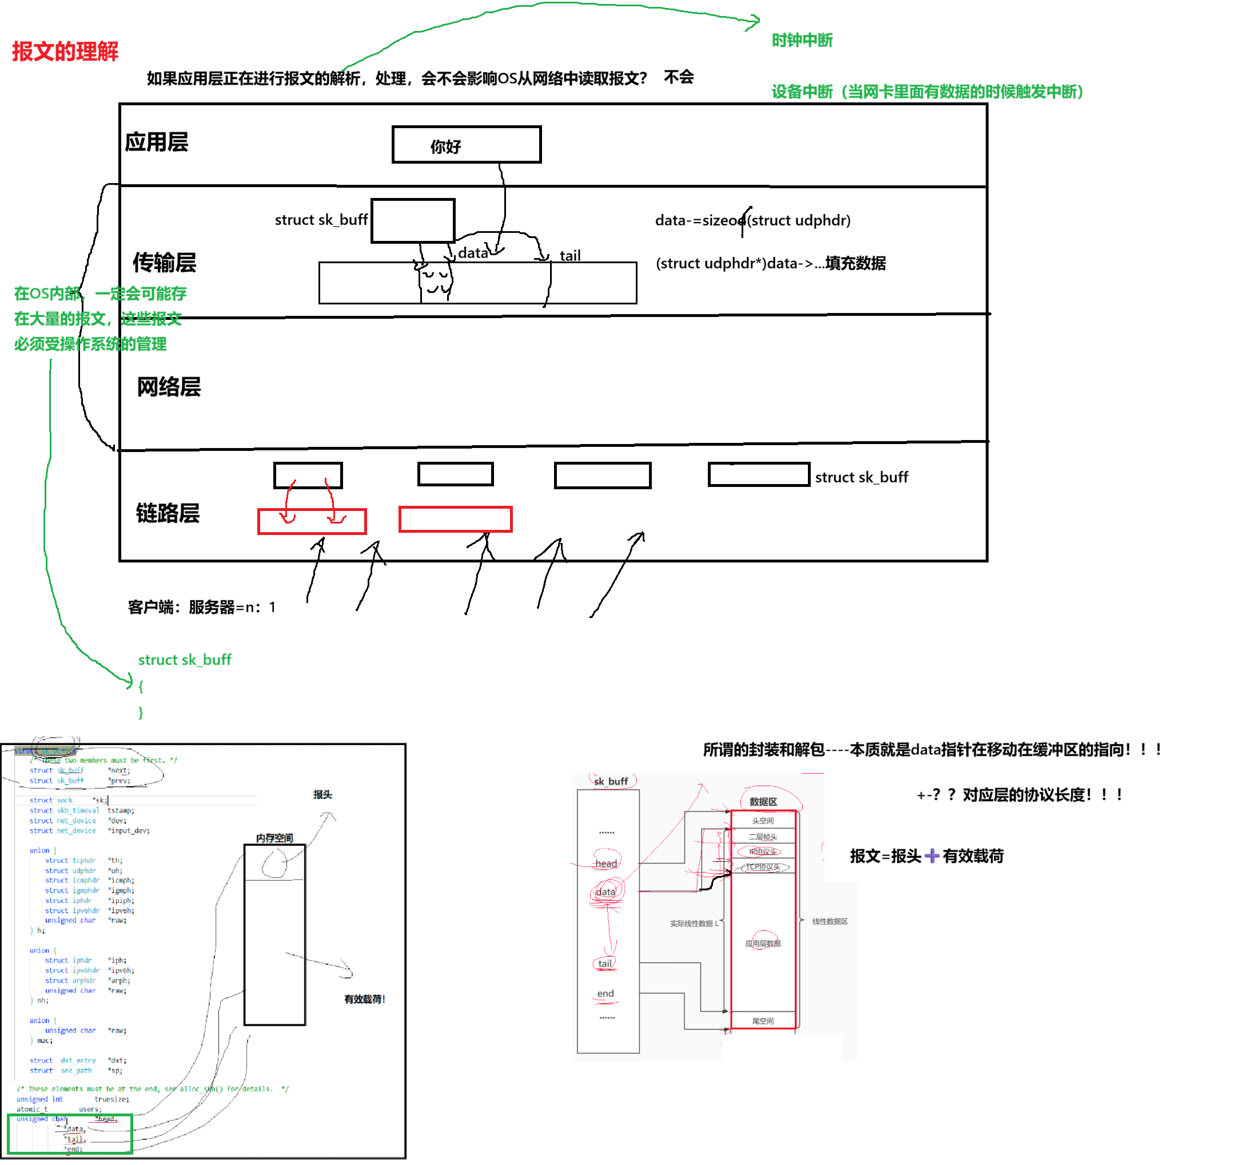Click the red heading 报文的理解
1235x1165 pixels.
(65, 51)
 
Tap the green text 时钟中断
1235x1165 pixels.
(802, 41)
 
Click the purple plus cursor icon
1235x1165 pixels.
(931, 856)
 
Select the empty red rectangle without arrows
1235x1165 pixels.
(455, 519)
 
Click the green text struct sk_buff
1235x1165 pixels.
(185, 660)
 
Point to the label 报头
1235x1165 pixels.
(322, 794)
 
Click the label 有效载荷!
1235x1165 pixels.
(364, 999)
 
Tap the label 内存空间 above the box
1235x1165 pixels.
(274, 838)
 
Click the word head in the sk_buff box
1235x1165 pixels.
(605, 863)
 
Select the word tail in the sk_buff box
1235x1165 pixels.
(604, 964)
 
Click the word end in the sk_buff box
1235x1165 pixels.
(605, 993)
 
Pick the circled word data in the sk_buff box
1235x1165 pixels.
(605, 892)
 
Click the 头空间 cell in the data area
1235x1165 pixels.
(762, 821)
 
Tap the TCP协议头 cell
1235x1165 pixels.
(762, 867)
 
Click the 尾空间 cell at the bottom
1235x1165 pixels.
(762, 1021)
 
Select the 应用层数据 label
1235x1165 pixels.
(762, 943)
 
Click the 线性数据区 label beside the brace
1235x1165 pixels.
(830, 921)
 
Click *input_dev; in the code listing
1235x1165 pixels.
(129, 830)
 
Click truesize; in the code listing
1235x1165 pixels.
(112, 1099)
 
